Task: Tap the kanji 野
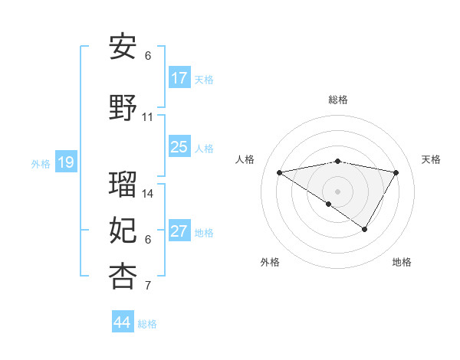pyautogui.click(x=123, y=108)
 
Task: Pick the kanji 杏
pyautogui.click(x=123, y=277)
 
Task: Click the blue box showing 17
pyautogui.click(x=179, y=78)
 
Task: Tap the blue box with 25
pyautogui.click(x=179, y=147)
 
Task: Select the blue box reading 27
pyautogui.click(x=179, y=231)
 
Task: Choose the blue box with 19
pyautogui.click(x=65, y=162)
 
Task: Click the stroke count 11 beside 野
pyautogui.click(x=148, y=117)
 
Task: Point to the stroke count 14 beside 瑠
pyautogui.click(x=148, y=194)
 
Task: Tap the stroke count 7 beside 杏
pyautogui.click(x=148, y=286)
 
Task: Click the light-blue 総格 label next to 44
pyautogui.click(x=147, y=324)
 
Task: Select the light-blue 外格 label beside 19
pyautogui.click(x=40, y=163)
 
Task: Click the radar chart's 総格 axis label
pyautogui.click(x=337, y=100)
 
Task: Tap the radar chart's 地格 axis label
pyautogui.click(x=402, y=262)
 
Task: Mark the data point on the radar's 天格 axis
pyautogui.click(x=396, y=172)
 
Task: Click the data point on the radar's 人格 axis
pyautogui.click(x=279, y=172)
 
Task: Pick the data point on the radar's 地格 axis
pyautogui.click(x=365, y=229)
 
